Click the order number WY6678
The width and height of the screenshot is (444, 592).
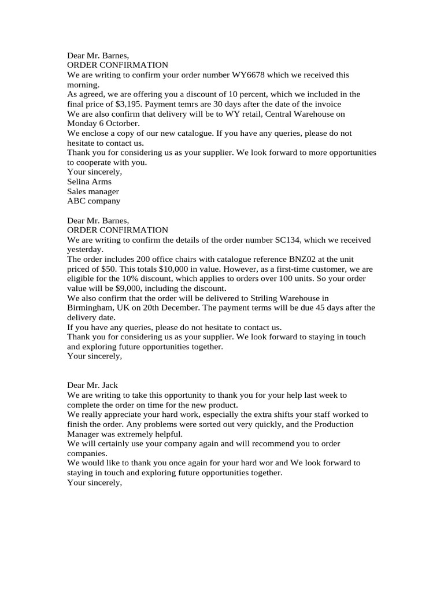pos(250,75)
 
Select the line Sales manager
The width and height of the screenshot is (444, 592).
pos(93,191)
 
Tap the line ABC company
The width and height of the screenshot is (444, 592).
pos(94,201)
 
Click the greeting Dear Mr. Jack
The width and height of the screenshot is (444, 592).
pos(93,386)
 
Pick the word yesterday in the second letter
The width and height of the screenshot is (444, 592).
pos(84,250)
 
